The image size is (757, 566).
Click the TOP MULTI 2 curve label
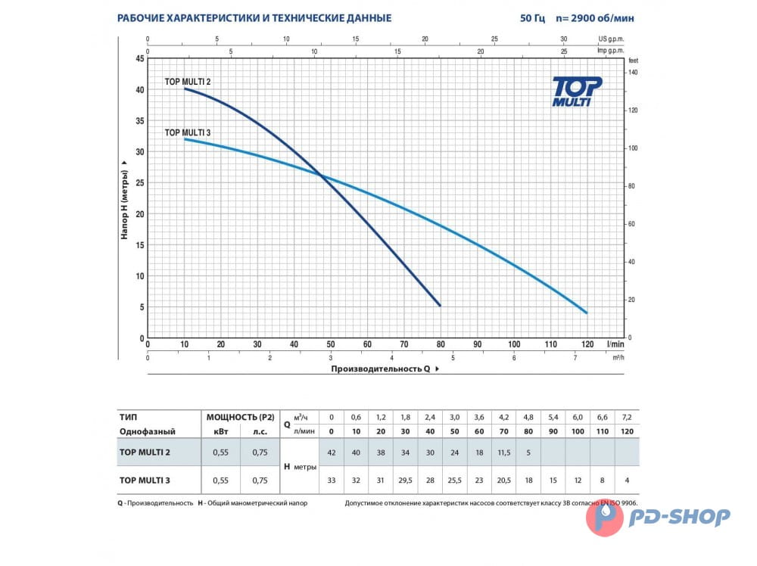[x=188, y=81]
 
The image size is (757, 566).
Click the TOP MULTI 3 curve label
[x=188, y=132]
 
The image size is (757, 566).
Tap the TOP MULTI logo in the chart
[x=577, y=91]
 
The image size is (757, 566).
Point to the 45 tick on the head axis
[x=140, y=58]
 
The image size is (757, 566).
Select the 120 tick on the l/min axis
[x=587, y=344]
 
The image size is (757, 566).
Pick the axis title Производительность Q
[x=381, y=369]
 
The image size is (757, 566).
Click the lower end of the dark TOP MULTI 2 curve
[x=439, y=306]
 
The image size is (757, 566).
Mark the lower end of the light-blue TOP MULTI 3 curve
[x=586, y=313]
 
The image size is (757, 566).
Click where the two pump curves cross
[x=322, y=176]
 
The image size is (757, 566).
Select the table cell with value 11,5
[x=505, y=452]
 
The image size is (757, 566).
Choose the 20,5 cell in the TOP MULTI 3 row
[x=505, y=480]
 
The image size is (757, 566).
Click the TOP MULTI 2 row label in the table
[x=145, y=452]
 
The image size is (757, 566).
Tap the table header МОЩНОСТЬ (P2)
[x=240, y=416]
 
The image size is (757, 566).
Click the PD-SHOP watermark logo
[x=659, y=517]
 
